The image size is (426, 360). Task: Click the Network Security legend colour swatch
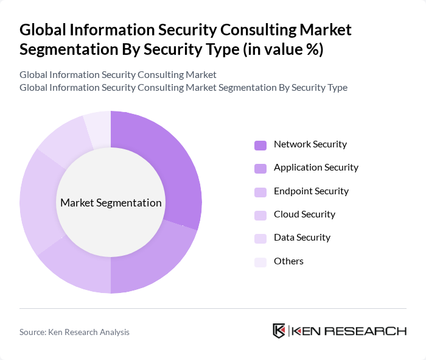coord(260,145)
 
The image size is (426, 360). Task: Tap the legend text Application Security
coord(316,168)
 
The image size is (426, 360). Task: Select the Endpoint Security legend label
coord(311,191)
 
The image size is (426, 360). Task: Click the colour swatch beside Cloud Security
coord(260,215)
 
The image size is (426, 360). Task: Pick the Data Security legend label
coord(302,238)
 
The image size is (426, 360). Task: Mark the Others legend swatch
coord(260,262)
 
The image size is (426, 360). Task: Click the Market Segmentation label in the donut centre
coord(111,203)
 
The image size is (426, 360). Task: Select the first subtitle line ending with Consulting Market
coord(117,75)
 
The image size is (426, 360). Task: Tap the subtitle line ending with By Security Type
coord(183,87)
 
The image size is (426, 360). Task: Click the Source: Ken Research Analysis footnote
coord(74,332)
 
